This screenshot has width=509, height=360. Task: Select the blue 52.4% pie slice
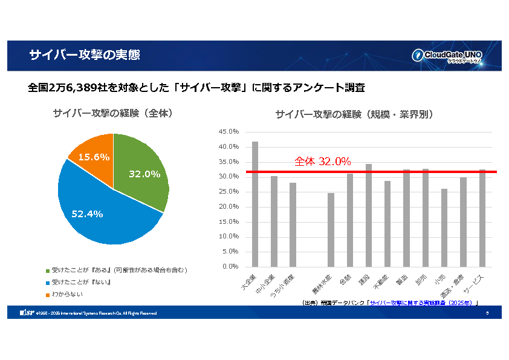click(x=103, y=209)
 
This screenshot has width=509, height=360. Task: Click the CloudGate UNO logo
click(x=447, y=56)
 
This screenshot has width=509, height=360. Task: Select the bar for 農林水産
click(x=331, y=230)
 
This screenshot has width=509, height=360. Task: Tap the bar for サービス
click(x=482, y=218)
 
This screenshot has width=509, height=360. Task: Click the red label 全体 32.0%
click(x=322, y=162)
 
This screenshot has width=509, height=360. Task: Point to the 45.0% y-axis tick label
click(x=229, y=132)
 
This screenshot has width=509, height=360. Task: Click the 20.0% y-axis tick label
click(x=229, y=207)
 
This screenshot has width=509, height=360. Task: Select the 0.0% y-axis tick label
click(x=230, y=267)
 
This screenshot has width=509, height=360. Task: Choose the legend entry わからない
click(x=67, y=295)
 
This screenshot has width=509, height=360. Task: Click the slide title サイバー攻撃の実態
click(x=85, y=56)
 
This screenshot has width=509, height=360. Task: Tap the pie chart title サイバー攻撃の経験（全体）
click(x=113, y=113)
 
